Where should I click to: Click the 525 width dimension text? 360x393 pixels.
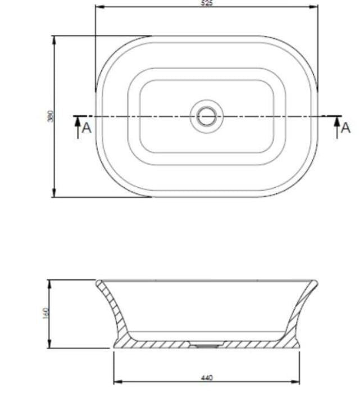click(x=207, y=3)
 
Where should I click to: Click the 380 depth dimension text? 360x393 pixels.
click(x=50, y=116)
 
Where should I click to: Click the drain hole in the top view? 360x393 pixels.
click(x=207, y=116)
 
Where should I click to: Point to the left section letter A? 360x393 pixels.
click(x=86, y=128)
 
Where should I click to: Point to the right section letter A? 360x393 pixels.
click(x=345, y=128)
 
